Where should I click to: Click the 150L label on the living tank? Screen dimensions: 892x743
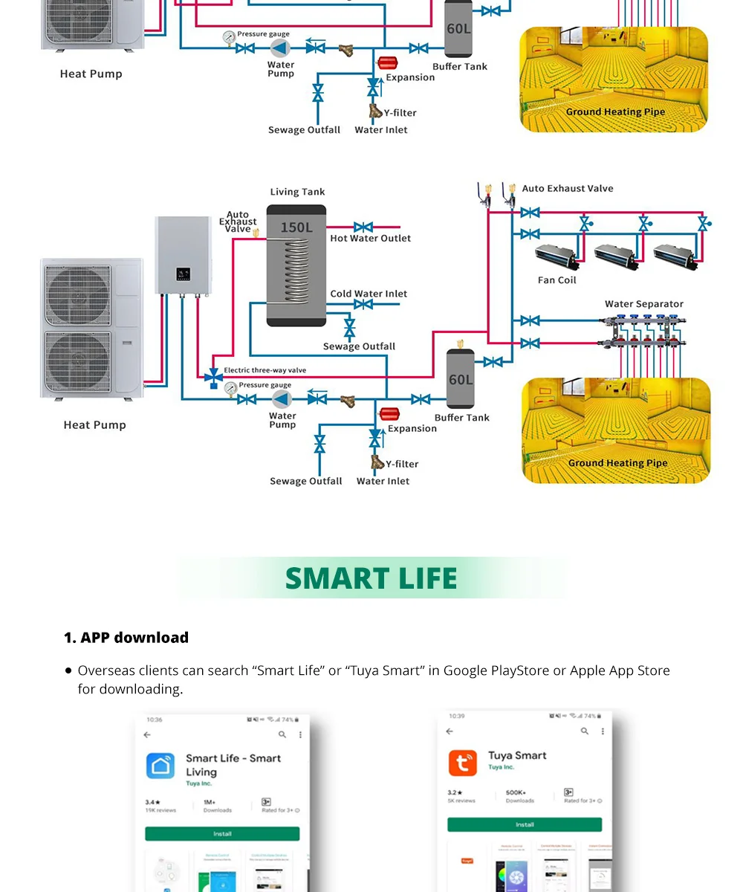pyautogui.click(x=296, y=227)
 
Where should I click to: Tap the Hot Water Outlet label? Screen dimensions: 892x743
pyautogui.click(x=370, y=239)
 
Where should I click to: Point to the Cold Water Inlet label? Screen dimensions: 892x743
pyautogui.click(x=369, y=294)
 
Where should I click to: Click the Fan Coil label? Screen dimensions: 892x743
pyautogui.click(x=557, y=280)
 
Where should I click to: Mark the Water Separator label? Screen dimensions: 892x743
pyautogui.click(x=643, y=304)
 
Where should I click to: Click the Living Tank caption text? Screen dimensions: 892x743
pyautogui.click(x=297, y=192)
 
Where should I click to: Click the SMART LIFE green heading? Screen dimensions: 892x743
pyautogui.click(x=371, y=578)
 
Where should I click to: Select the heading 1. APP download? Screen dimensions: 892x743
pyautogui.click(x=126, y=638)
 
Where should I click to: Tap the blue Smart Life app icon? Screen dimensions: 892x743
pyautogui.click(x=160, y=766)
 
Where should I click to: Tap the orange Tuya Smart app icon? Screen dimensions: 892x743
pyautogui.click(x=462, y=763)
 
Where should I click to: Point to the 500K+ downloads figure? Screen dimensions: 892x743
pyautogui.click(x=516, y=793)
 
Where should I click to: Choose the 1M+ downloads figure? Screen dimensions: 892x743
pyautogui.click(x=210, y=803)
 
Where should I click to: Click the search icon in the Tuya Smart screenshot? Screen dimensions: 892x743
pyautogui.click(x=585, y=731)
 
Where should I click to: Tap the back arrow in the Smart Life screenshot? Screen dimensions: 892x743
pyautogui.click(x=147, y=734)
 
